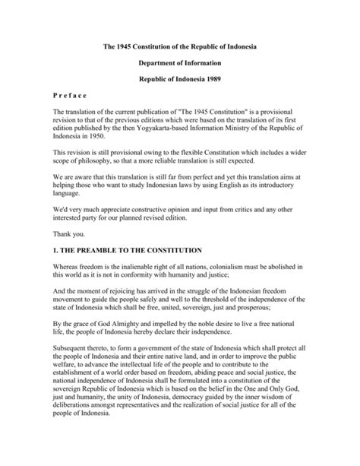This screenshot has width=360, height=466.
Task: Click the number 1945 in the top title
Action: [128, 47]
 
